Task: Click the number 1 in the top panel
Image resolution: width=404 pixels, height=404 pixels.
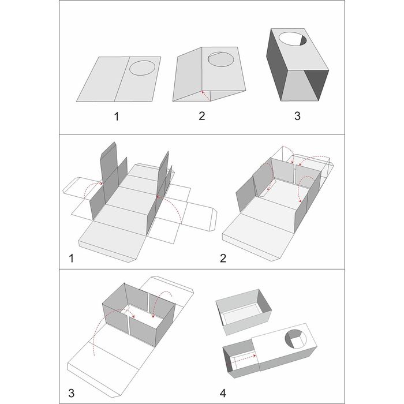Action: click(117, 117)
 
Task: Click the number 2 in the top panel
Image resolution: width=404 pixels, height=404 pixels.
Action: click(202, 116)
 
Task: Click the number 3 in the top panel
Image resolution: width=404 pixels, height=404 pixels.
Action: click(297, 116)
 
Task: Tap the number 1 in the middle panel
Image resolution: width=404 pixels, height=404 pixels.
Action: click(72, 258)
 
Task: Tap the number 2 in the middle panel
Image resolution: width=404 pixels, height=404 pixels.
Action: click(223, 258)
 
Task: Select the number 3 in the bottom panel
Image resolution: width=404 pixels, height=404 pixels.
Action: click(72, 393)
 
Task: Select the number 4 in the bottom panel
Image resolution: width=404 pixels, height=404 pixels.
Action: click(223, 393)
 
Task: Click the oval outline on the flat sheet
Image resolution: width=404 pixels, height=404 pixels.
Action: click(142, 68)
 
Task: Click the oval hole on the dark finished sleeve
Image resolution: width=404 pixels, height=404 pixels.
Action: click(293, 39)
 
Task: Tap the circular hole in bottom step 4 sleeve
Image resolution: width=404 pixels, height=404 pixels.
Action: click(295, 339)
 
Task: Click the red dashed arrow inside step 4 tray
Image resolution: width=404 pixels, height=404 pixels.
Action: click(244, 359)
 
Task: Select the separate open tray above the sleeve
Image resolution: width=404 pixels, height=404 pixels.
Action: click(244, 312)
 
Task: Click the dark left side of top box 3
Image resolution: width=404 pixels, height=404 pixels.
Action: click(277, 65)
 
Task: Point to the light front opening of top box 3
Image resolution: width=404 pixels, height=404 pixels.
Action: click(300, 85)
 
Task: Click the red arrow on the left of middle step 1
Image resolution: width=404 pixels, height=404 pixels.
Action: click(93, 188)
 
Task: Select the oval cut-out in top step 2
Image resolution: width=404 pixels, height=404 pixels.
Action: click(221, 59)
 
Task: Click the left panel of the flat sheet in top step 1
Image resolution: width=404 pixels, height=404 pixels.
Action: click(103, 79)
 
